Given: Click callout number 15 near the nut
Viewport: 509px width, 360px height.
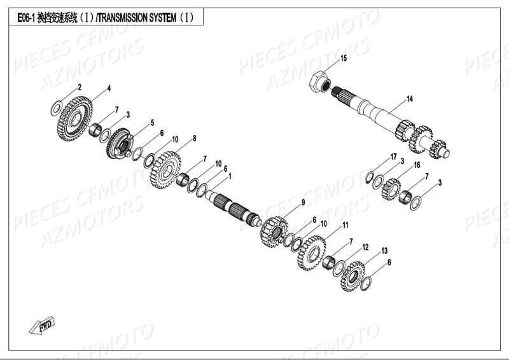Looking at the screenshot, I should point(344,59).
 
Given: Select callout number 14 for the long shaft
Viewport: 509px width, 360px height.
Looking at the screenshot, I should point(410,99).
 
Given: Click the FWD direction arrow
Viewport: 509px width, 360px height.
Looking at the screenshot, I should point(42,326).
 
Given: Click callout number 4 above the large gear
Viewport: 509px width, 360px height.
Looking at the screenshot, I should point(109,88).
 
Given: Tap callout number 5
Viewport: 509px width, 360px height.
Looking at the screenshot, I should point(152,122).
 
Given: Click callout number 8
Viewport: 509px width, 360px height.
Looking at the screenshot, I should point(194,138).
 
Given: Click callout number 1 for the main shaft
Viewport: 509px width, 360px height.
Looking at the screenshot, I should point(229,176).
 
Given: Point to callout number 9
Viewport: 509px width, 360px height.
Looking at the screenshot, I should point(303,202).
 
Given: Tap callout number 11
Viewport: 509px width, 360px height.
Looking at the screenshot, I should point(345,225).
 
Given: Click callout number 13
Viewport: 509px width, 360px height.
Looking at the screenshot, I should point(384,251).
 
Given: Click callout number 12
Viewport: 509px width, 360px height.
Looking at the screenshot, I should point(365,247).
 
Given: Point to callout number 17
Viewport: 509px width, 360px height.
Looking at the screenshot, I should point(394,156).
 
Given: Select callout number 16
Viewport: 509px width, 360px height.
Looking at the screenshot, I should point(417,165).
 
